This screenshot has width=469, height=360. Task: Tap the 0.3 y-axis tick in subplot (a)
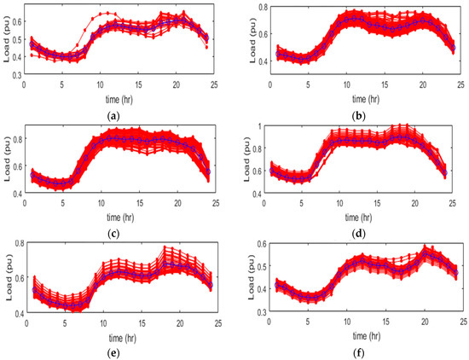(17, 77)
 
